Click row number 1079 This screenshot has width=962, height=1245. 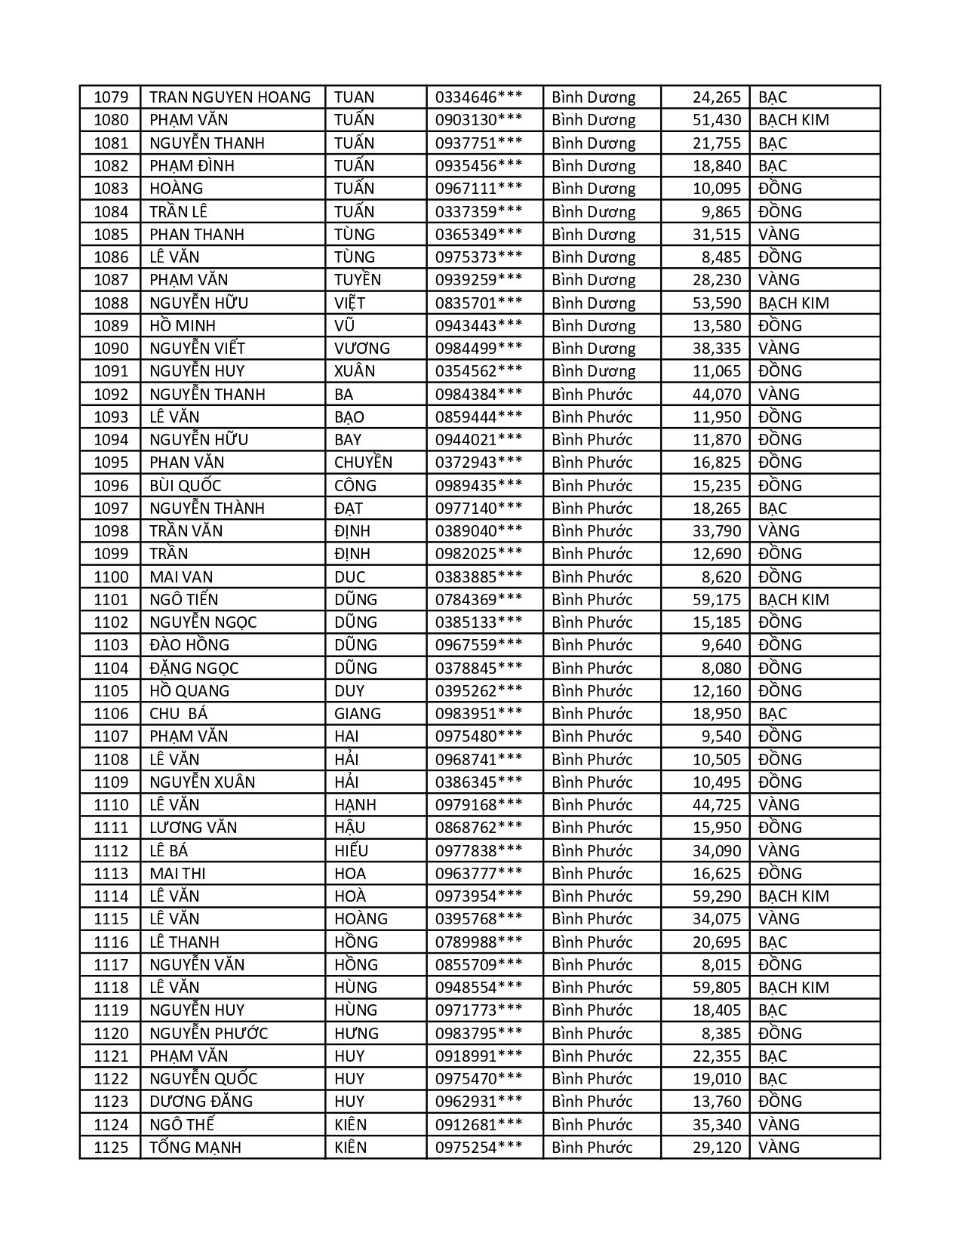point(111,97)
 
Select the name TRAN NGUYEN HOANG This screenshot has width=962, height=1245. point(230,97)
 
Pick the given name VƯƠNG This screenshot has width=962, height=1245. point(362,349)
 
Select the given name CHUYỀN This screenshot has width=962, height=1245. point(363,463)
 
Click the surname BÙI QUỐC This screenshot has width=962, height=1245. point(186,486)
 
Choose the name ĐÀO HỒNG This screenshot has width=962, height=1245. point(189,645)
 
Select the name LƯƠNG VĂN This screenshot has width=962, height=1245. point(193,828)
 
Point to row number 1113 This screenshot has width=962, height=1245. point(111,874)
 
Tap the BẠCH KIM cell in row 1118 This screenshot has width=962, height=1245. point(793,988)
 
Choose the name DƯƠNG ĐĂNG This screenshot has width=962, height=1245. point(201,1102)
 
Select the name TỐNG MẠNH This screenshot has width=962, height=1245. point(195,1148)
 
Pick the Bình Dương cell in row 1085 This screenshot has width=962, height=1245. point(593,235)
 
